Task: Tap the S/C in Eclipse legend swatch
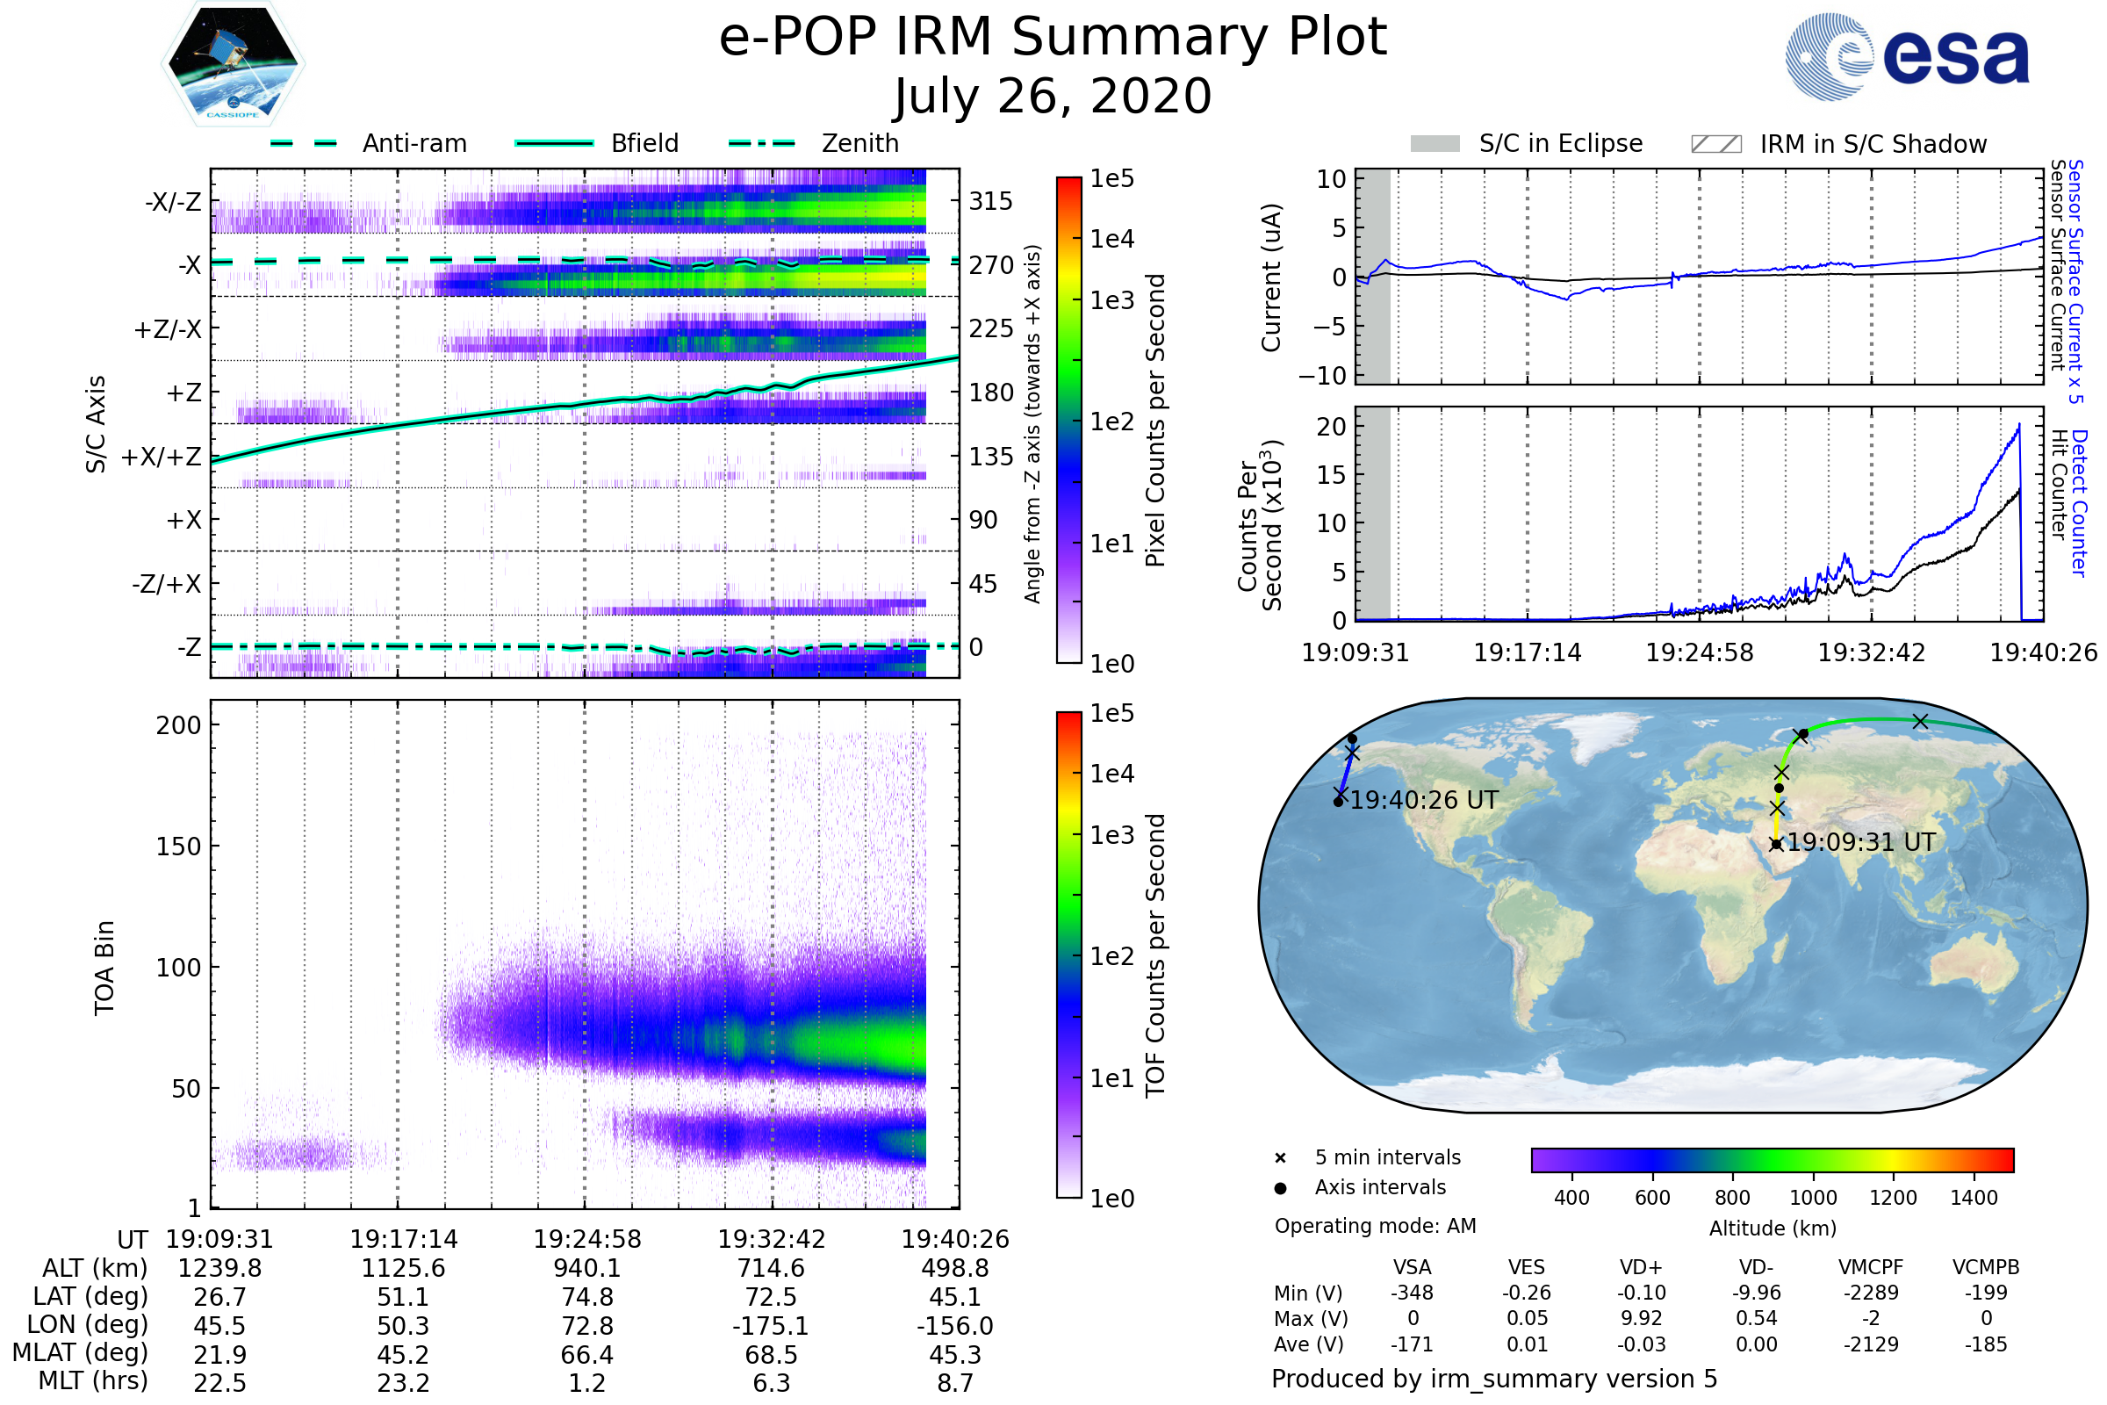(x=1435, y=144)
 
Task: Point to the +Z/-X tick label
(x=168, y=330)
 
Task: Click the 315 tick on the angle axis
(x=990, y=202)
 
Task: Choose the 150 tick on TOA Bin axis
(x=178, y=847)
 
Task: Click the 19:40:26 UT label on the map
(x=1423, y=800)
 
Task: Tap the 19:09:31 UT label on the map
(x=1860, y=842)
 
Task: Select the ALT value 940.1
(x=586, y=1269)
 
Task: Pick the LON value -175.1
(x=771, y=1326)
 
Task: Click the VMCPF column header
(x=1871, y=1268)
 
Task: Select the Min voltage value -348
(x=1412, y=1293)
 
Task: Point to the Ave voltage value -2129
(x=1871, y=1344)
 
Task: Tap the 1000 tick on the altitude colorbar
(x=1812, y=1198)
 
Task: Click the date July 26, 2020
(x=1053, y=97)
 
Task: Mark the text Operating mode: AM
(x=1375, y=1226)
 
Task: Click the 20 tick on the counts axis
(x=1331, y=427)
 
